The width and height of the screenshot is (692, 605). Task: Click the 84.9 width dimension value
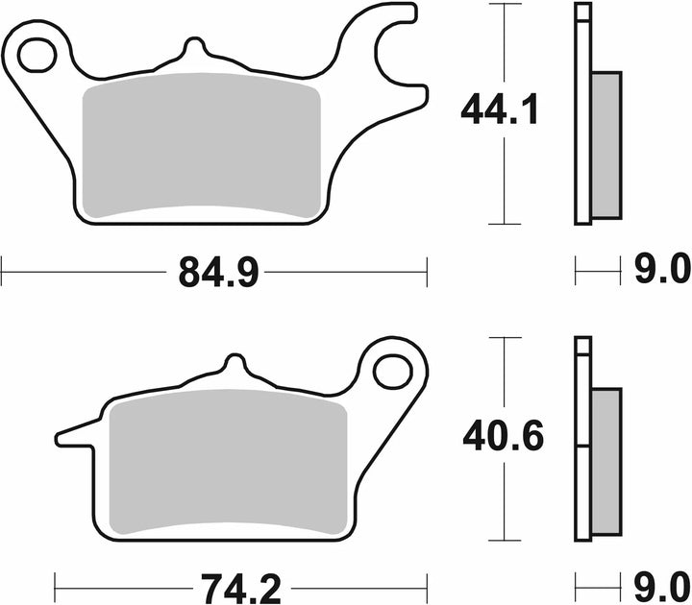(x=218, y=273)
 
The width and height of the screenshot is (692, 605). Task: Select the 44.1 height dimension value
(x=499, y=109)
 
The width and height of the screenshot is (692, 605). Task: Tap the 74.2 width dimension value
(x=240, y=589)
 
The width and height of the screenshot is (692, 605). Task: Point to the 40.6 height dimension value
(x=503, y=437)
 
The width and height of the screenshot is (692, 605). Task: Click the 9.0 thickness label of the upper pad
(x=662, y=269)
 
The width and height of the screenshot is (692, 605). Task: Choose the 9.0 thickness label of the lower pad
(x=662, y=587)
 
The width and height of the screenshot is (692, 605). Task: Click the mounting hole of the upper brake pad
(x=37, y=55)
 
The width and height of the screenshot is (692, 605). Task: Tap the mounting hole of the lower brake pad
(x=393, y=372)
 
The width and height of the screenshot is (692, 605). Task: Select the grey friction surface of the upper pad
(x=201, y=146)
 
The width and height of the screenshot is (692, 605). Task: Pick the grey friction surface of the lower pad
(x=228, y=462)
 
